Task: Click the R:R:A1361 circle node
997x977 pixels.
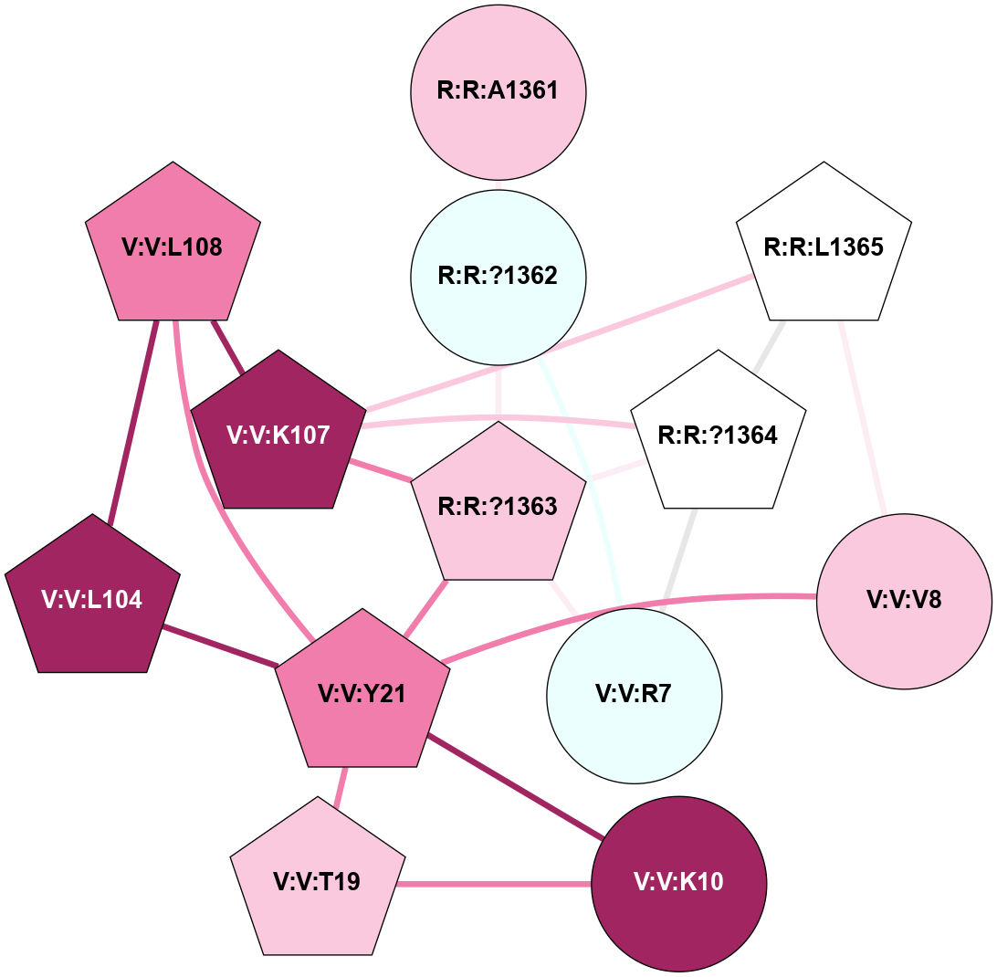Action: [x=498, y=91]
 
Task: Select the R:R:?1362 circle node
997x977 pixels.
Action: [x=498, y=276]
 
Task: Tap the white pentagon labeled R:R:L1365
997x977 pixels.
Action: [x=824, y=248]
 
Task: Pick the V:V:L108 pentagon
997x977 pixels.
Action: [x=173, y=248]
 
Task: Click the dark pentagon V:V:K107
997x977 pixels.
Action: [x=278, y=436]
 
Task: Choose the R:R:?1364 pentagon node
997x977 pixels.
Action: [x=718, y=436]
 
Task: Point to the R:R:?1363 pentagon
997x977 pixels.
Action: [x=498, y=507]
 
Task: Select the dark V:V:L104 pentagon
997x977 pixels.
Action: [x=92, y=600]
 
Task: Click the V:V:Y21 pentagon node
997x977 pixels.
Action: [x=362, y=694]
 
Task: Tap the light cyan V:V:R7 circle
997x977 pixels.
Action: [x=634, y=696]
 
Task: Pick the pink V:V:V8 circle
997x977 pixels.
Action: [x=904, y=600]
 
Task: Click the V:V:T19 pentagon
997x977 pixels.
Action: [x=317, y=882]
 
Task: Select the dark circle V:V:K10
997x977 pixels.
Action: [x=679, y=883]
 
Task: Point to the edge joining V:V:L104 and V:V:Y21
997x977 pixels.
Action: [x=219, y=646]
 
